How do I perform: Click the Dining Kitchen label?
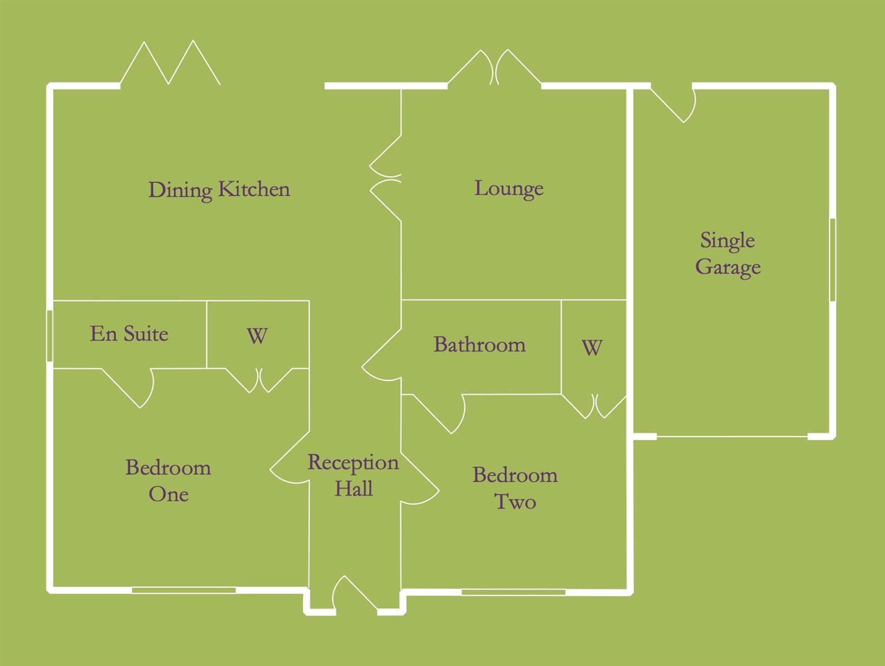(219, 189)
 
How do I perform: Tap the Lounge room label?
(509, 188)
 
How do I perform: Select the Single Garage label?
(728, 253)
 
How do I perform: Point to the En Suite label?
(129, 334)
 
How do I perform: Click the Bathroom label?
(480, 344)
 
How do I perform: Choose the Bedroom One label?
(168, 480)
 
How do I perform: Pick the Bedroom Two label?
(515, 488)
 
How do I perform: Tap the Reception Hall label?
(353, 475)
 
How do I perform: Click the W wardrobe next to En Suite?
(257, 336)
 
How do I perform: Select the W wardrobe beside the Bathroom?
(591, 348)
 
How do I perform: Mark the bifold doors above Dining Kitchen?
(170, 64)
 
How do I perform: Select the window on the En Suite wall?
(49, 335)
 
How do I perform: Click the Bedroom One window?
(184, 590)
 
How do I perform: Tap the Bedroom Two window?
(513, 592)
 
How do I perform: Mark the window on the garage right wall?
(832, 260)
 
